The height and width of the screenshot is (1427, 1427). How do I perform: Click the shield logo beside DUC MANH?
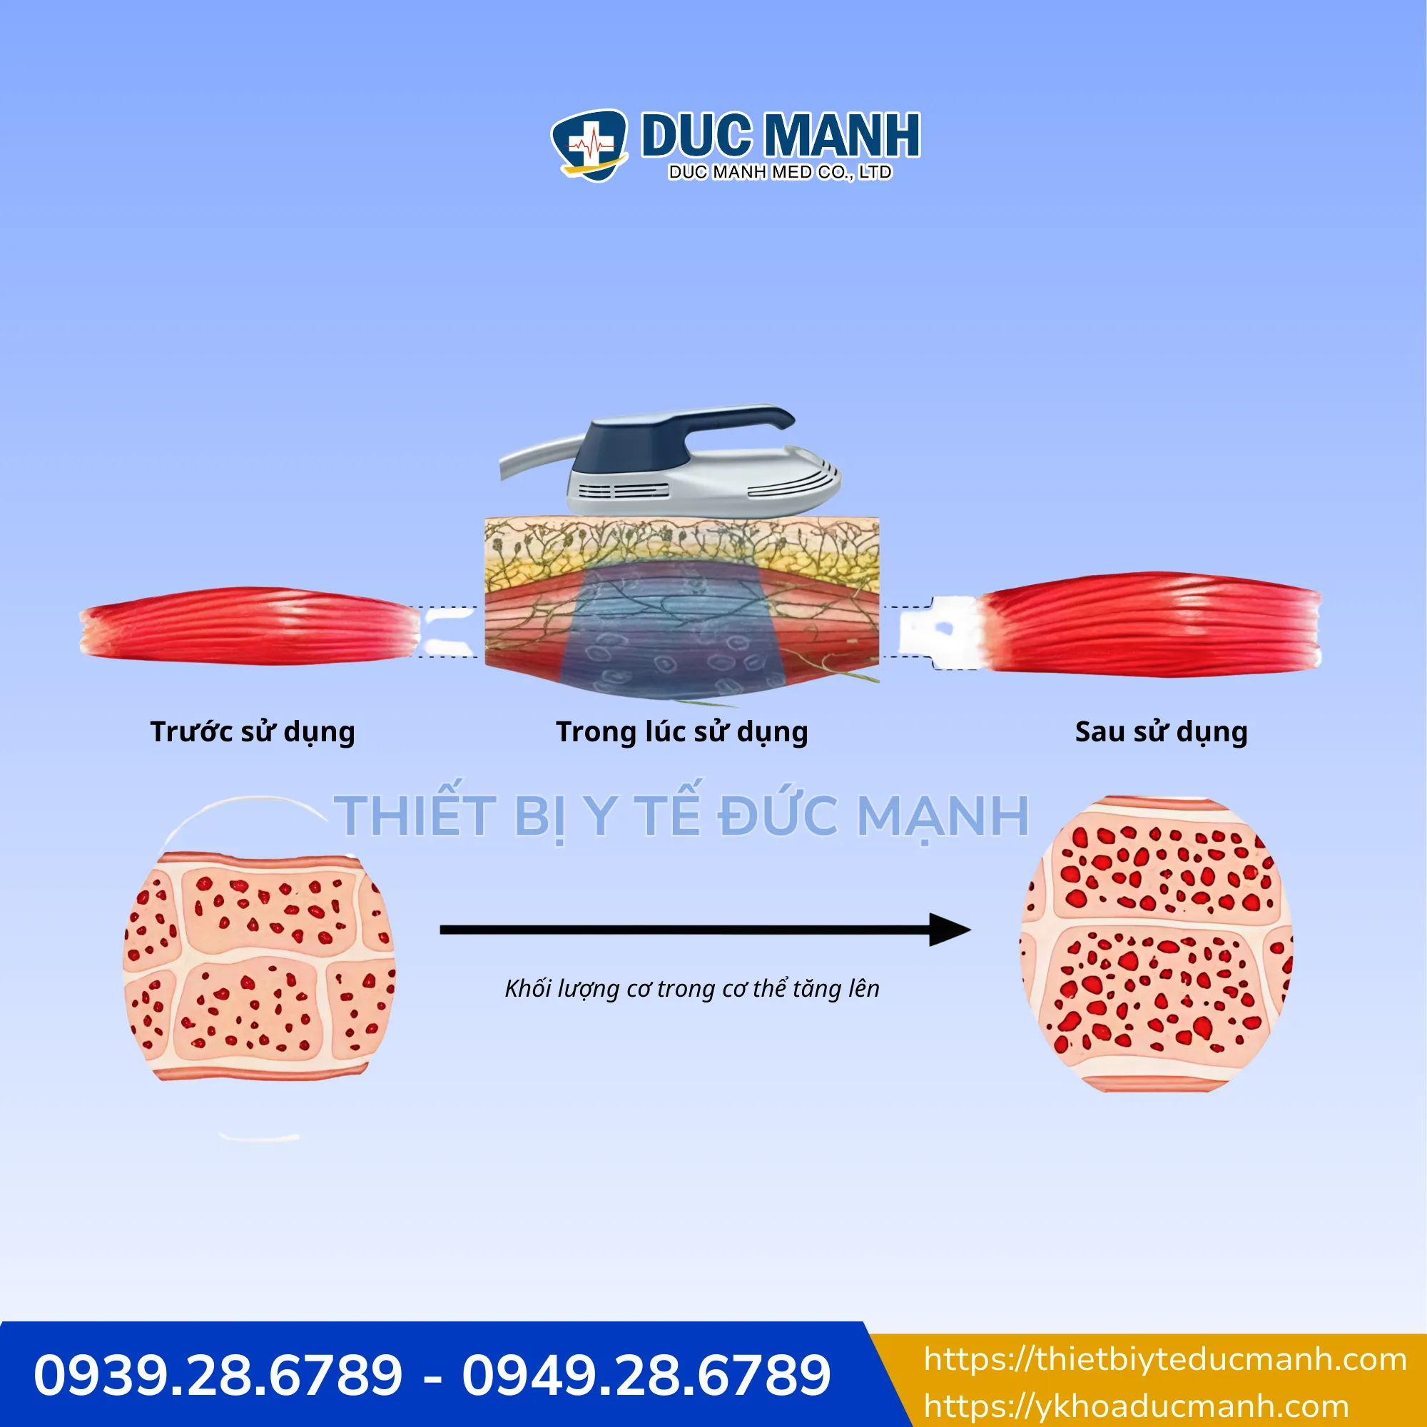(589, 146)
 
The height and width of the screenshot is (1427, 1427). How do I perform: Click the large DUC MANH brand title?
(781, 135)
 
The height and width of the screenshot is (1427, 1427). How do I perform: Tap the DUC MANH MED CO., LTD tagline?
(780, 172)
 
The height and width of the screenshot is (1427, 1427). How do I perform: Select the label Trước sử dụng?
(253, 732)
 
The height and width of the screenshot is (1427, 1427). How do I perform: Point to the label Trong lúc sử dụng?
(681, 732)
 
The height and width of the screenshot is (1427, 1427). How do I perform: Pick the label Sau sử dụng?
(1161, 732)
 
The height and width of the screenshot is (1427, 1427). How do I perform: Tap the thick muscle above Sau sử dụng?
(1149, 624)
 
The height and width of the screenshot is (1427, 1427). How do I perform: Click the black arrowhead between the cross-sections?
(949, 930)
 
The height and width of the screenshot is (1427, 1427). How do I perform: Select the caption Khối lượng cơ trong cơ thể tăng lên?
(692, 988)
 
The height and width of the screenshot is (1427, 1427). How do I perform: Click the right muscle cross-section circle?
(1157, 945)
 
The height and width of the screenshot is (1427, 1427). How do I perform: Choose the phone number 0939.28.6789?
(218, 1375)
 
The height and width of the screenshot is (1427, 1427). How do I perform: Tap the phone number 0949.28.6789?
(646, 1375)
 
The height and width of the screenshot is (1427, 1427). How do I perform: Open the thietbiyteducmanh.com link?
(1166, 1360)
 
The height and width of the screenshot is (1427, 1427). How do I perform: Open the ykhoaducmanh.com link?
(1136, 1407)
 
